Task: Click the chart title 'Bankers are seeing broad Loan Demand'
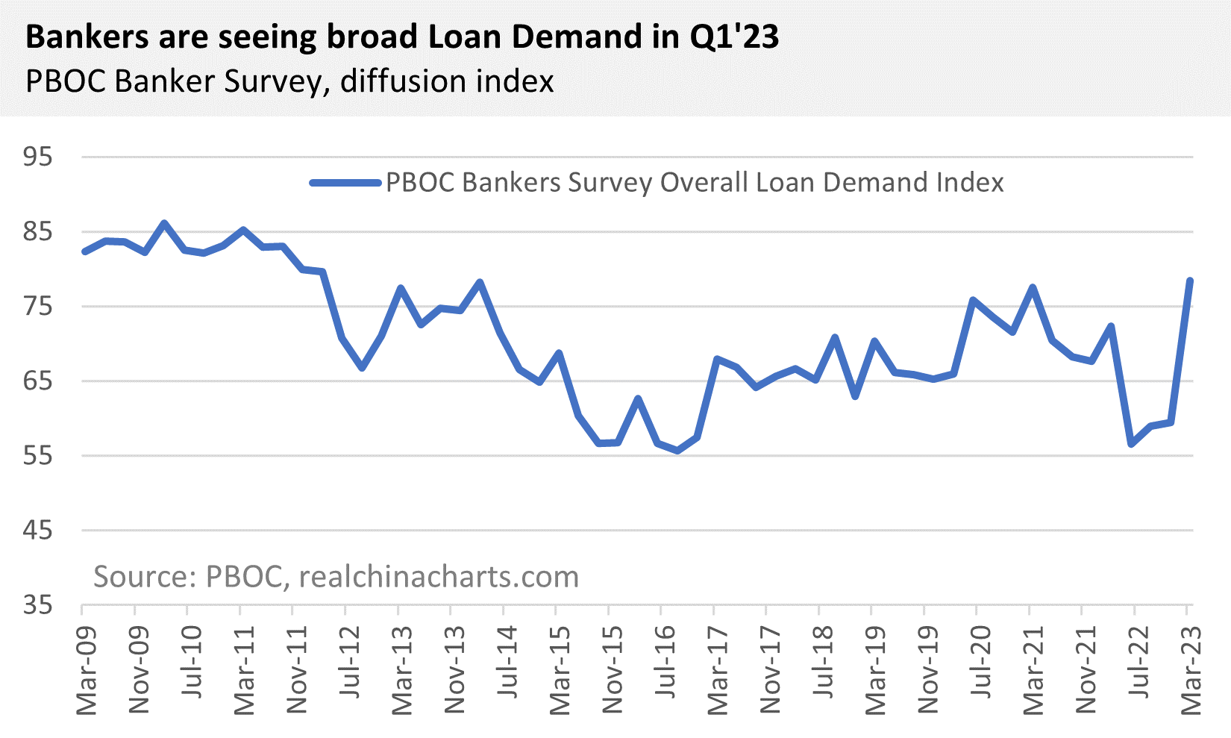coord(402,37)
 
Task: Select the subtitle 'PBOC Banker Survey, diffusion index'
coord(289,81)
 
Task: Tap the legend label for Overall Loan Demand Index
coord(694,183)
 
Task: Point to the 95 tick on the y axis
coord(38,157)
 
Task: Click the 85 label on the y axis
coord(38,231)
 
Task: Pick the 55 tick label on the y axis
coord(38,455)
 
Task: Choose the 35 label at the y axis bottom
coord(38,604)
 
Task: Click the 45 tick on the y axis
coord(38,530)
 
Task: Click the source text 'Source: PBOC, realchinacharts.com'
coord(336,577)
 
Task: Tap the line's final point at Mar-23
coord(1190,281)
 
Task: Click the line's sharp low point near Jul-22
coord(1132,444)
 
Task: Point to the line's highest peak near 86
coord(165,223)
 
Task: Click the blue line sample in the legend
coord(345,183)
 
